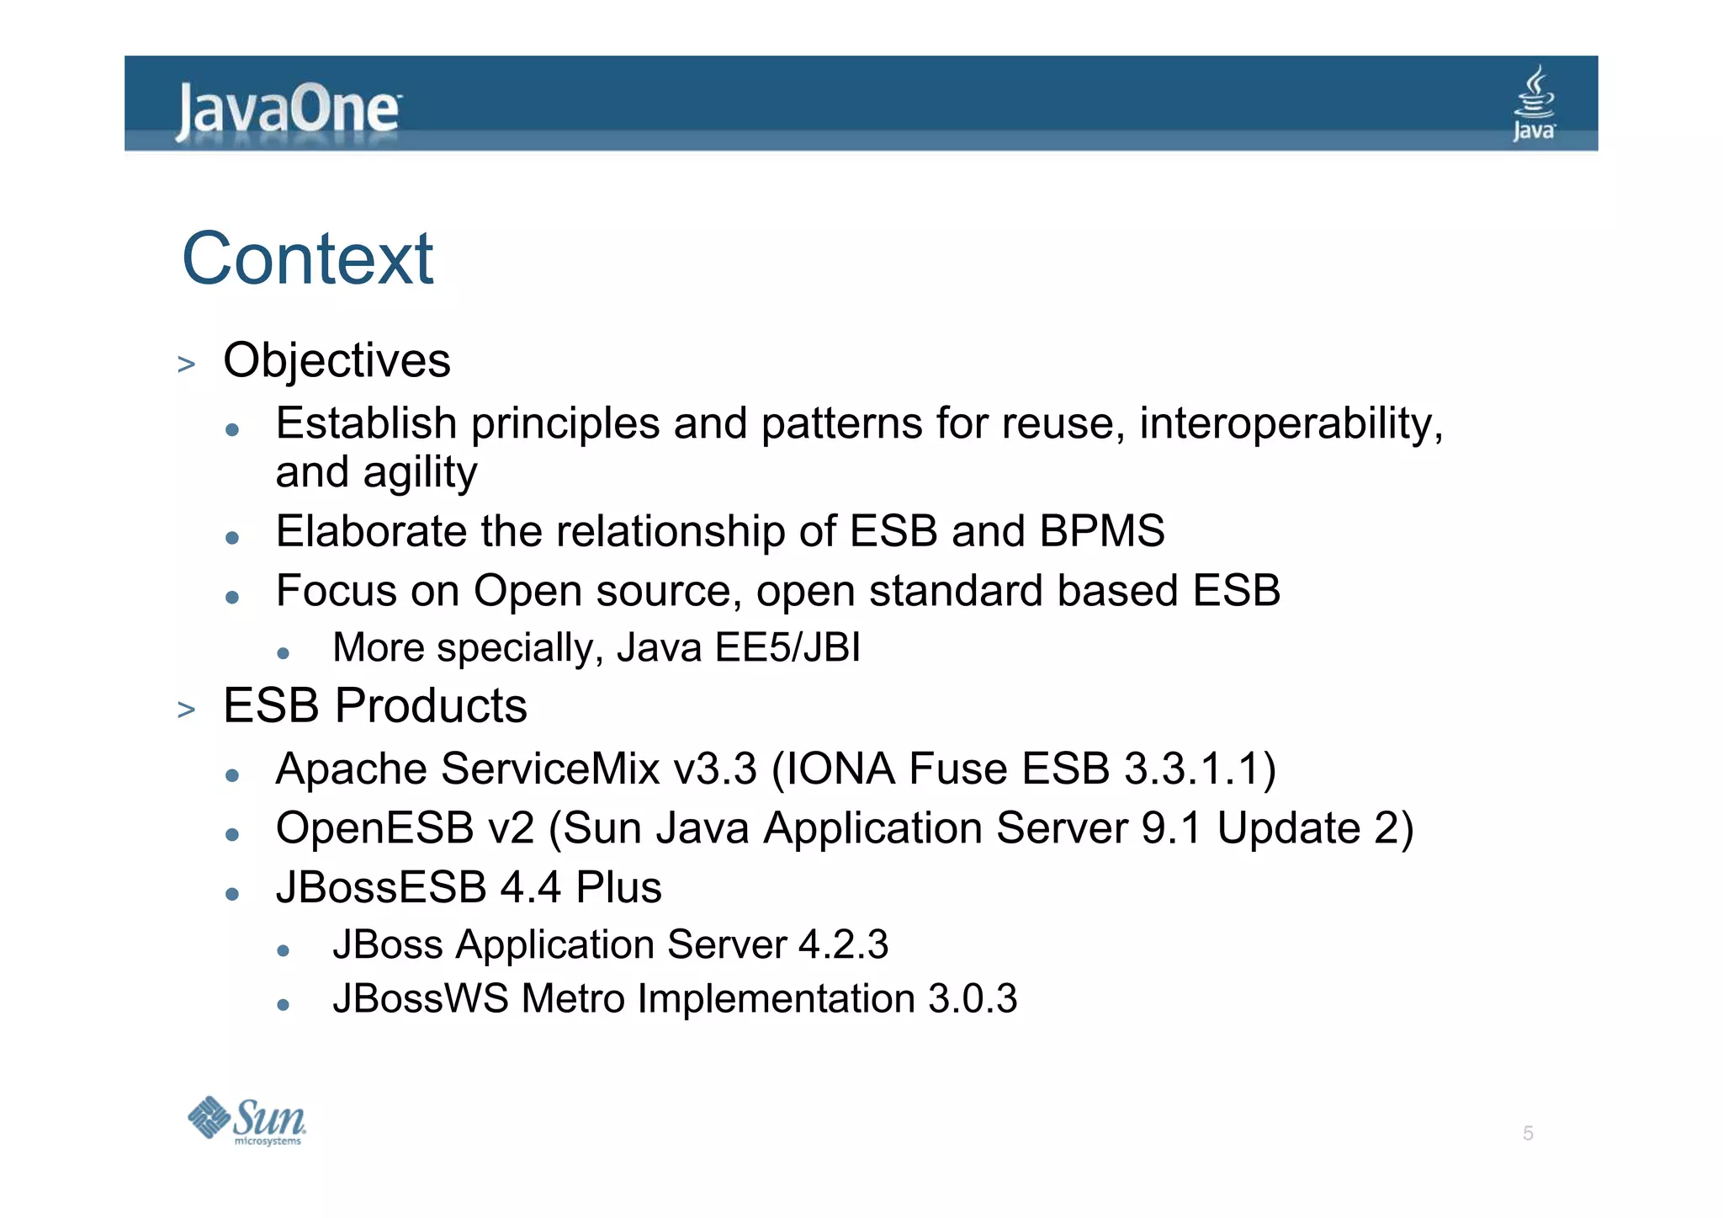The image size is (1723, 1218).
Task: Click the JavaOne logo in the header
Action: pyautogui.click(x=288, y=111)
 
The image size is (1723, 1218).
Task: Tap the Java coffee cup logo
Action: pyautogui.click(x=1534, y=104)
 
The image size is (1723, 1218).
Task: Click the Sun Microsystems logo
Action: pyautogui.click(x=247, y=1120)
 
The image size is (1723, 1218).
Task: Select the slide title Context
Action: pyautogui.click(x=308, y=258)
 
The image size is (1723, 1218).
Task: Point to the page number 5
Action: pyautogui.click(x=1528, y=1133)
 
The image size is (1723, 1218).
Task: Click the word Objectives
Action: pyautogui.click(x=337, y=360)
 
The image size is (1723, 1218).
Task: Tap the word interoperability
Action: pyautogui.click(x=1291, y=423)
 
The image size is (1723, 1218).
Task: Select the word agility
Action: pyautogui.click(x=421, y=473)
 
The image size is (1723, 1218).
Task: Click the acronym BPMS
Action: pyautogui.click(x=1102, y=531)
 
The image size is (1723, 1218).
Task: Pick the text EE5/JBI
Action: pyautogui.click(x=787, y=648)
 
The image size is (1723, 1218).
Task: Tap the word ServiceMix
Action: pyautogui.click(x=550, y=769)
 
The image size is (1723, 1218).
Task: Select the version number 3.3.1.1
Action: pyautogui.click(x=1192, y=769)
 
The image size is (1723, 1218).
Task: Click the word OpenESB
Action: pyautogui.click(x=374, y=828)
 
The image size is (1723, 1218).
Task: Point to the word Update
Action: pyautogui.click(x=1288, y=828)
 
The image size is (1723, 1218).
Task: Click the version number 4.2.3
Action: pyautogui.click(x=843, y=944)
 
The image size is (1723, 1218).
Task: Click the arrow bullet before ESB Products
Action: pyautogui.click(x=186, y=710)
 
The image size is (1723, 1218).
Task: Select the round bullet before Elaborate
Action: pyautogui.click(x=233, y=537)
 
